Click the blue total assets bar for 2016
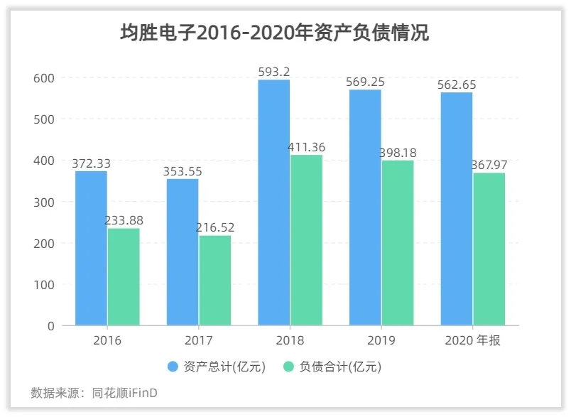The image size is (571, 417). click(x=91, y=248)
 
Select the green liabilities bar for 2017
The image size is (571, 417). click(x=214, y=280)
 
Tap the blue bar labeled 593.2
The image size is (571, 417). click(x=273, y=202)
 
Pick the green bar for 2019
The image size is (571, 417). click(x=397, y=242)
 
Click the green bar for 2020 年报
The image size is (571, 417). click(x=489, y=249)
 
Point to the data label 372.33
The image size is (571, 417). click(x=91, y=163)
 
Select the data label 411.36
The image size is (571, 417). click(x=306, y=147)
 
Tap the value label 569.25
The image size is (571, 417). click(x=365, y=82)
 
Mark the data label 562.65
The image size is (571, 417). click(x=457, y=85)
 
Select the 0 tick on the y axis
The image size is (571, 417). click(x=50, y=326)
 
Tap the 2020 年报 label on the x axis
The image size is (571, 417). click(x=472, y=340)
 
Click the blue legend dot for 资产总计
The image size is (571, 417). click(x=173, y=367)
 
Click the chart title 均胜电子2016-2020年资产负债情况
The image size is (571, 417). click(x=274, y=33)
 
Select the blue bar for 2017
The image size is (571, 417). click(x=183, y=251)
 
